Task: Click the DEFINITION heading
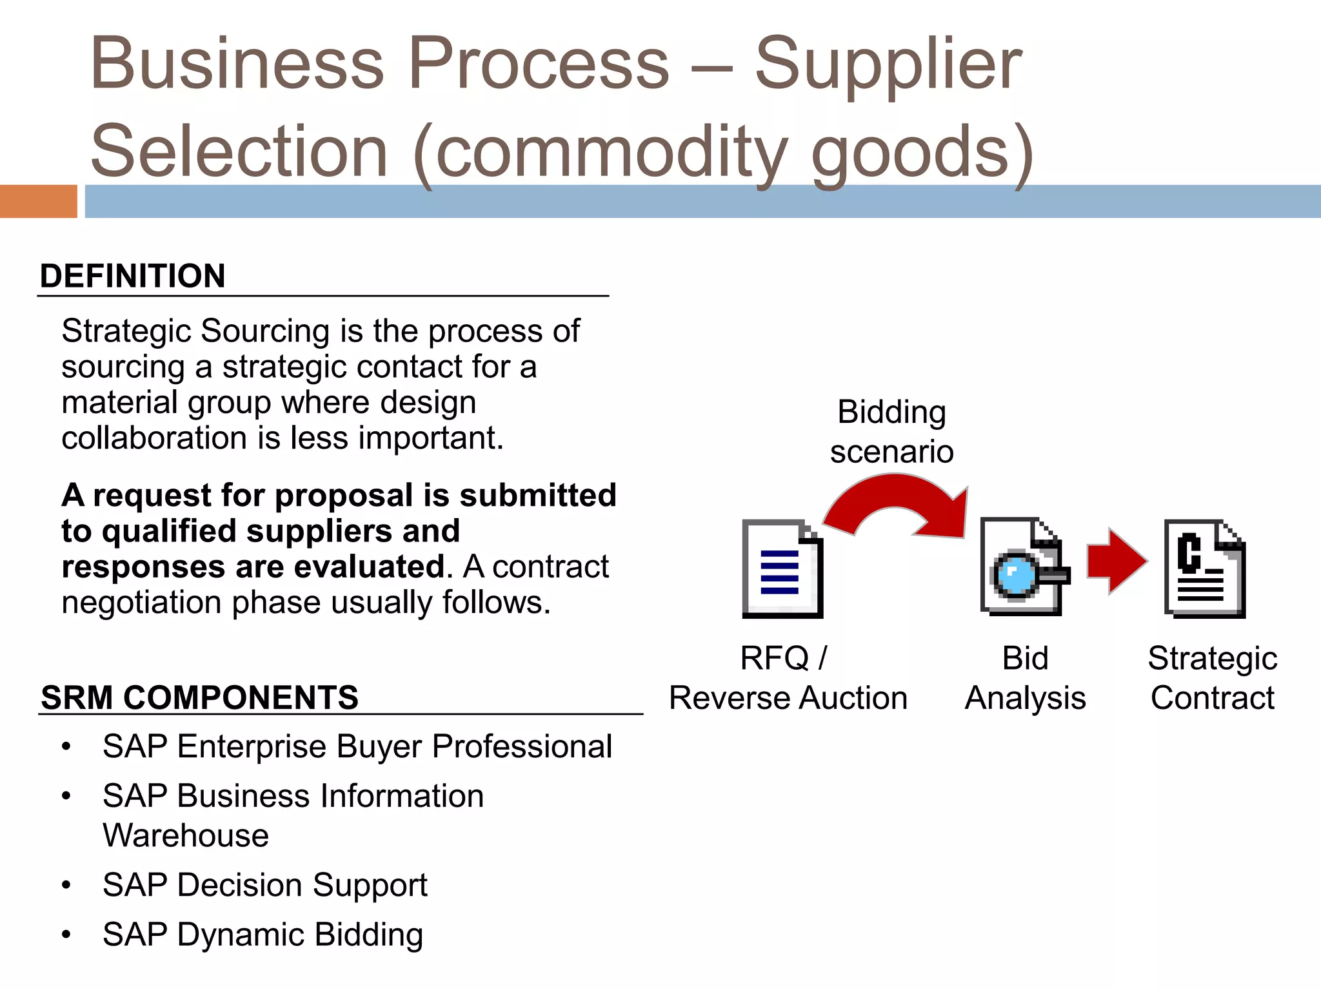[132, 276]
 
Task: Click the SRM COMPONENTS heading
[199, 697]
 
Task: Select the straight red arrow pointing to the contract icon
[1116, 561]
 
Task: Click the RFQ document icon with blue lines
[782, 568]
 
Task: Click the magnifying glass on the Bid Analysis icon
[1014, 574]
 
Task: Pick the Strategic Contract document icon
[1204, 568]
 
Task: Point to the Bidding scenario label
[891, 431]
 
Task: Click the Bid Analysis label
[1025, 678]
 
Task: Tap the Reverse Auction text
[788, 698]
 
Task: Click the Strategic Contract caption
[1212, 678]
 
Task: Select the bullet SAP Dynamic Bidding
[263, 935]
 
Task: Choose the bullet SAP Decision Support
[264, 885]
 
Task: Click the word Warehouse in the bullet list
[186, 835]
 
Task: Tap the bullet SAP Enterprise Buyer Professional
[357, 746]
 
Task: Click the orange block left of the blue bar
[38, 201]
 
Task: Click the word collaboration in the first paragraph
[154, 438]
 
